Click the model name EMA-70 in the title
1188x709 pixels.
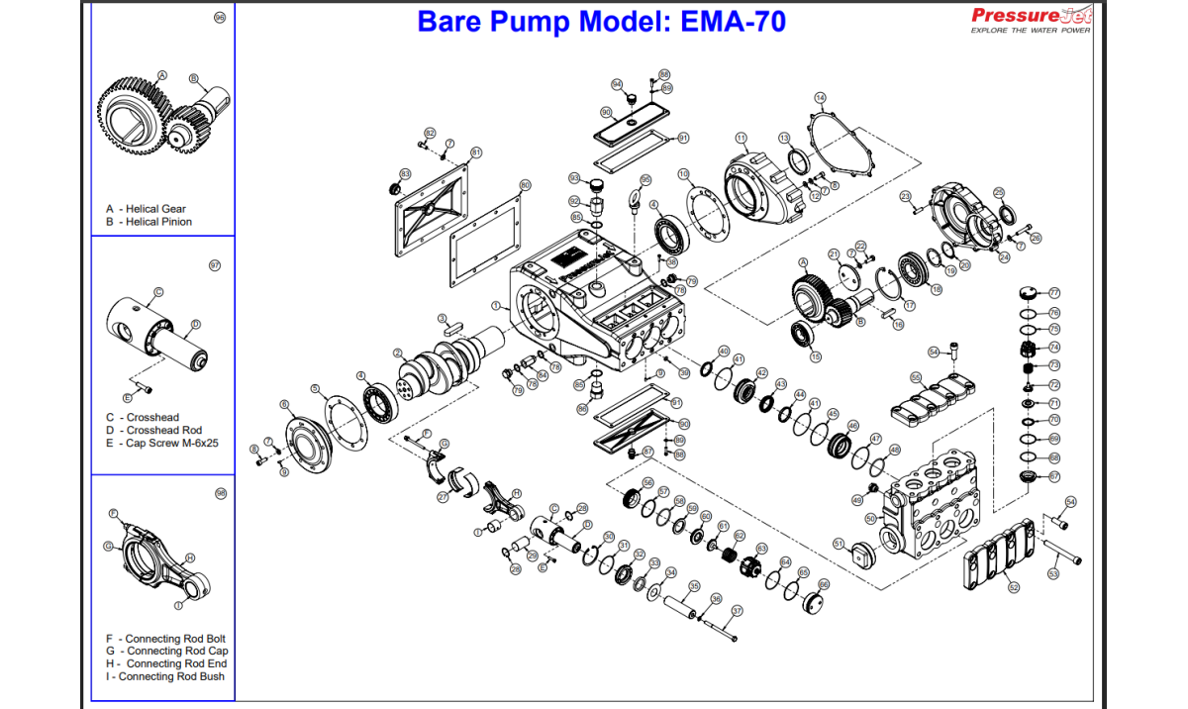click(733, 21)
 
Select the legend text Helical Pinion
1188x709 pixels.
click(158, 222)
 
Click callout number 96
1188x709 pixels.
click(220, 19)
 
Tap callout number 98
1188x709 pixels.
click(220, 492)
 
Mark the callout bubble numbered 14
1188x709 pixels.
click(820, 98)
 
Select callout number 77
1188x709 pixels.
click(1054, 293)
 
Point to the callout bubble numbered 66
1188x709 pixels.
click(824, 584)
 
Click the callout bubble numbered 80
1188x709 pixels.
click(525, 185)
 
